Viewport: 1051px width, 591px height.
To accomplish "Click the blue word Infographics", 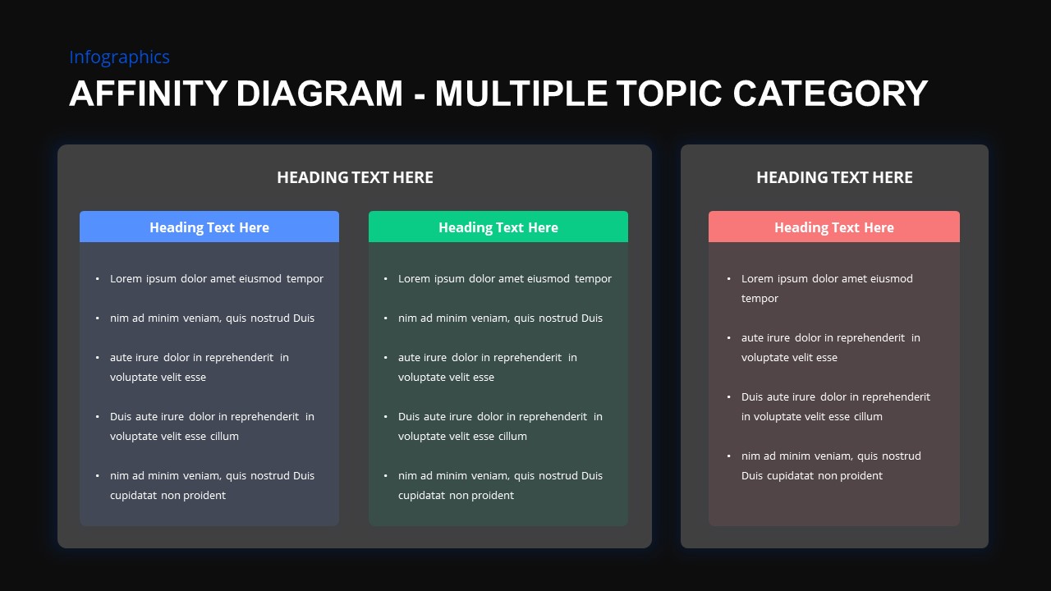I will tap(119, 57).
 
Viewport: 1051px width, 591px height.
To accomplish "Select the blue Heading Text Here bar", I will tap(209, 227).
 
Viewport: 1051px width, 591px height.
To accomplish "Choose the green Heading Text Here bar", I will tap(498, 227).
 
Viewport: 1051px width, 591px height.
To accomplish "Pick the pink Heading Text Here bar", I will tap(834, 227).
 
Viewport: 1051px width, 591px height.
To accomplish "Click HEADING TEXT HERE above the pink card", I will tap(834, 177).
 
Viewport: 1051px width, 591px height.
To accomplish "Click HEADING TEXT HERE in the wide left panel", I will tap(355, 177).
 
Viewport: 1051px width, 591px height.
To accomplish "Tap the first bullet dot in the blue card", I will tap(97, 279).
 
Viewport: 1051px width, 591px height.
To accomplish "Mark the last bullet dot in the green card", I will tap(385, 476).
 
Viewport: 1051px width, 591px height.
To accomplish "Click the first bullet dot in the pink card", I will tap(728, 279).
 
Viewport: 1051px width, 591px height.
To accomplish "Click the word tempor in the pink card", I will tap(760, 299).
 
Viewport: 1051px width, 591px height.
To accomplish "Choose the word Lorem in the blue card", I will tap(126, 279).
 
